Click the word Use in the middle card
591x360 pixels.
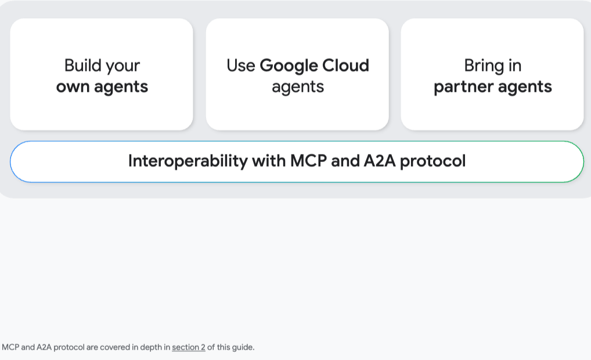pyautogui.click(x=241, y=66)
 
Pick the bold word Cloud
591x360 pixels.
pyautogui.click(x=345, y=66)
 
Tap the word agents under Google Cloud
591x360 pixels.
pyautogui.click(x=298, y=87)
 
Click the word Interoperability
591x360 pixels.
pyautogui.click(x=188, y=161)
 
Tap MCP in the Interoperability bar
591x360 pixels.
pyautogui.click(x=308, y=161)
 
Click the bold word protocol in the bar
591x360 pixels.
pyautogui.click(x=433, y=161)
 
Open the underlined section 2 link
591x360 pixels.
pyautogui.click(x=189, y=347)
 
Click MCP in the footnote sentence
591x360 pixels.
pyautogui.click(x=10, y=347)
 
